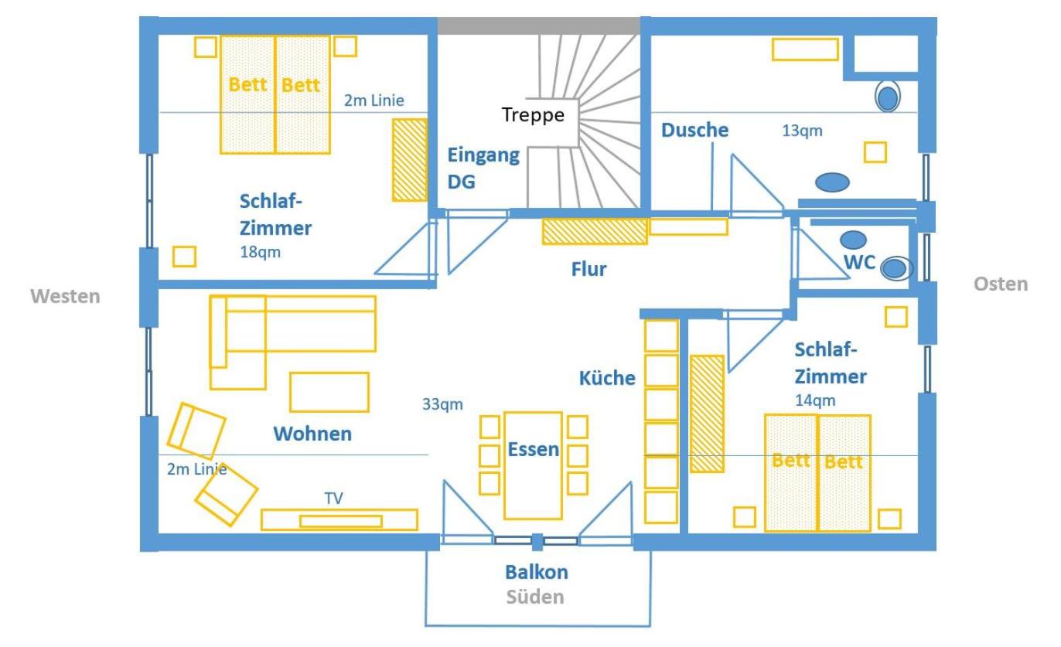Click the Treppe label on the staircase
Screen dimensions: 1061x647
[533, 115]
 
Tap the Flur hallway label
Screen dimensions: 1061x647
[588, 269]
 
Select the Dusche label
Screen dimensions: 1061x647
[695, 130]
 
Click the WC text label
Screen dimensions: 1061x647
[860, 262]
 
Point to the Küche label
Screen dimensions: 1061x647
[607, 378]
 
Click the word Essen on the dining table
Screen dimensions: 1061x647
[534, 449]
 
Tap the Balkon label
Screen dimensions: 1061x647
[537, 572]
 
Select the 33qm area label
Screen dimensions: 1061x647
[442, 404]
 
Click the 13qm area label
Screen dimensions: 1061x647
[802, 131]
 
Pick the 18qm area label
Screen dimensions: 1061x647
[260, 252]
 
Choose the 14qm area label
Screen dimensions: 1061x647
[815, 400]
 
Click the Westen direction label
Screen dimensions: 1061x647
[66, 296]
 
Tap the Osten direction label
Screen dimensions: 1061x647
[1001, 284]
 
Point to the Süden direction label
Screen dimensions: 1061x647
[535, 597]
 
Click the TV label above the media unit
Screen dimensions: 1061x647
[333, 498]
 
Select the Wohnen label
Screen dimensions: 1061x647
[312, 434]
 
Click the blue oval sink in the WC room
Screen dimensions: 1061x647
[853, 240]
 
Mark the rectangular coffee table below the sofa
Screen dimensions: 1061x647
[329, 393]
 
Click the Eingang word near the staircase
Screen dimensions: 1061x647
[483, 155]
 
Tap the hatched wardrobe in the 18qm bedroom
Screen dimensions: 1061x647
[410, 160]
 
